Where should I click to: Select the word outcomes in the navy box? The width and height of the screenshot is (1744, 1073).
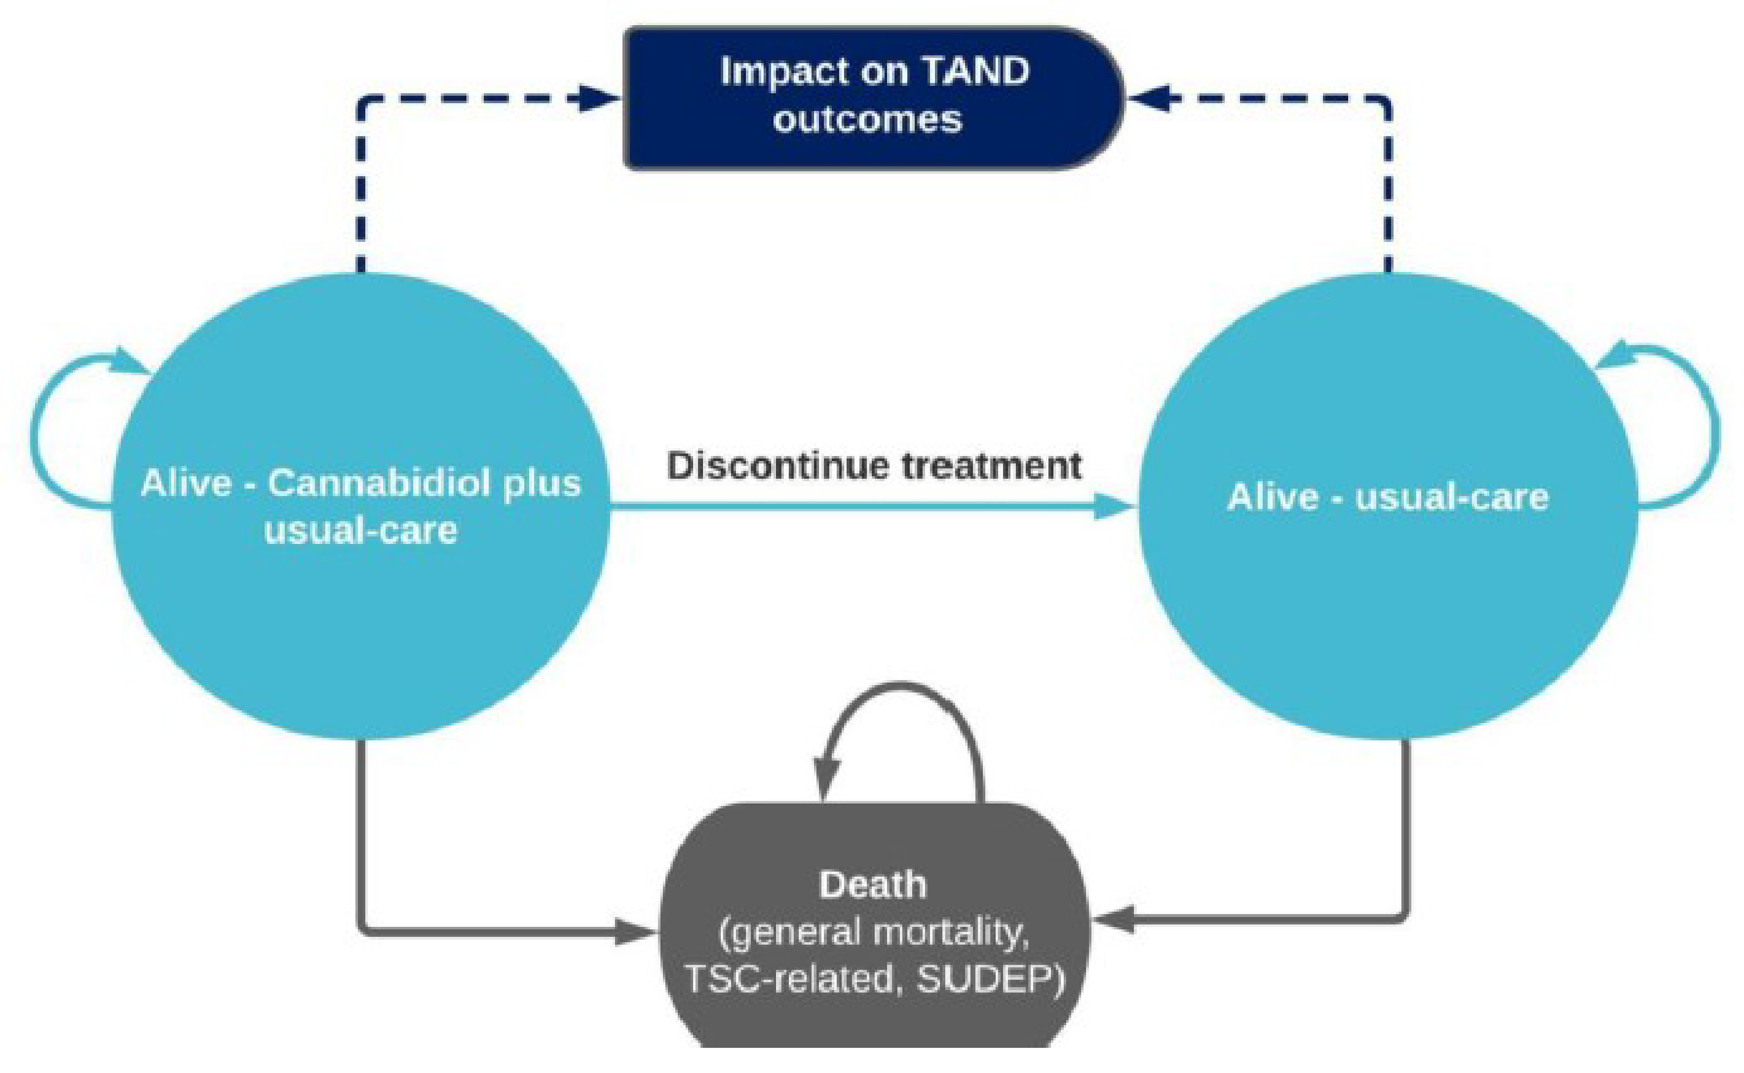[867, 119]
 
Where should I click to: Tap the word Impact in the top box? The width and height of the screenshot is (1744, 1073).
[773, 71]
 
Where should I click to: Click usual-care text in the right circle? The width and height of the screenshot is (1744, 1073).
[1452, 497]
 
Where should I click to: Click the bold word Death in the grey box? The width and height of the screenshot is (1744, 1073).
[872, 885]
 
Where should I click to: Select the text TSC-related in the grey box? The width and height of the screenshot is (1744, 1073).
[788, 979]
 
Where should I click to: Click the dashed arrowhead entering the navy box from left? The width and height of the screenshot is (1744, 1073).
[599, 98]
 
